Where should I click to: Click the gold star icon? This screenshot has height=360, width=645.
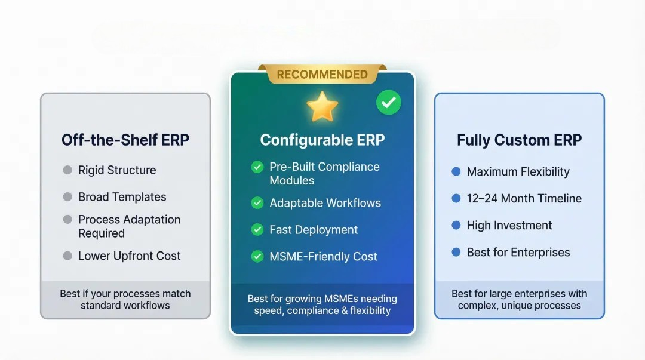point(322,106)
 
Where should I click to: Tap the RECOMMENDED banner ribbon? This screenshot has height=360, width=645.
point(322,74)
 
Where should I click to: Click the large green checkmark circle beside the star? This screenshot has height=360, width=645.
point(389,103)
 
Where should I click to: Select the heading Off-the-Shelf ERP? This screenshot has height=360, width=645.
point(125,140)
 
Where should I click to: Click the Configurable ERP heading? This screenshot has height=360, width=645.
point(322,140)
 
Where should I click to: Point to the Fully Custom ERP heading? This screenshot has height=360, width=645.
point(519,140)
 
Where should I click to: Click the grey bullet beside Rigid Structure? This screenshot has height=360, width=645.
point(67,170)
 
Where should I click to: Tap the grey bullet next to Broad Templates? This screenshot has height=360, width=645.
point(67,196)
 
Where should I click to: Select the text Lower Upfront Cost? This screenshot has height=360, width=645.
point(129,256)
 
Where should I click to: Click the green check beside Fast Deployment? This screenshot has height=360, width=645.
point(257,230)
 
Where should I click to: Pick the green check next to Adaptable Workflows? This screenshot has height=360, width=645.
point(257,203)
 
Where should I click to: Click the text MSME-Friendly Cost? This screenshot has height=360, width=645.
point(323,256)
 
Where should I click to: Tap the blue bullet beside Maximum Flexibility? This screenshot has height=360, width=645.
point(456,171)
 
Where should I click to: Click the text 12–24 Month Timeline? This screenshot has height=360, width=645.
point(524,198)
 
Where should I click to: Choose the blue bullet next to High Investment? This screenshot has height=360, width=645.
point(456,225)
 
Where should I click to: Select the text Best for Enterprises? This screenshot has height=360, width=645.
point(518,252)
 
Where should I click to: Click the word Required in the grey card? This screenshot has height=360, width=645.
point(102,233)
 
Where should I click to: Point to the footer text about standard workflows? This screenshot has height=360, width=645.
point(125,300)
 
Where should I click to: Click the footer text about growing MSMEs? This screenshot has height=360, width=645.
point(322,304)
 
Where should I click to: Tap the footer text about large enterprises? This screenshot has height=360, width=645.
point(519,300)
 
